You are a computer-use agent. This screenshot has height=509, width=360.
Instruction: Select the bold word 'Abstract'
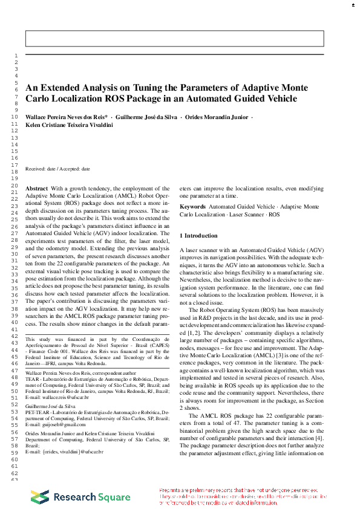[36, 189]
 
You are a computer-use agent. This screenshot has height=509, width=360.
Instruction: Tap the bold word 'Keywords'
[193, 207]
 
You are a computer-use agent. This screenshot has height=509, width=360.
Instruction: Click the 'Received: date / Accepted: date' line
[57, 169]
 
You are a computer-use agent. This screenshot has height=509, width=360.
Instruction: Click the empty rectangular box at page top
[174, 38]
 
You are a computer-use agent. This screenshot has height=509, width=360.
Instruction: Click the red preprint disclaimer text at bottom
[242, 496]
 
